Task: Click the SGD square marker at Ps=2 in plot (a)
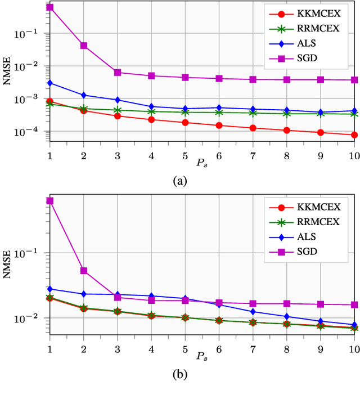pyautogui.click(x=84, y=46)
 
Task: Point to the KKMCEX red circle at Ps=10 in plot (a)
pyautogui.click(x=354, y=135)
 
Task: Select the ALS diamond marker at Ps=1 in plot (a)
pyautogui.click(x=49, y=83)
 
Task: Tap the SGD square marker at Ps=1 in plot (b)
pyautogui.click(x=49, y=201)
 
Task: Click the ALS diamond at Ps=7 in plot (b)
pyautogui.click(x=253, y=312)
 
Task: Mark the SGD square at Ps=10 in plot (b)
pyautogui.click(x=354, y=305)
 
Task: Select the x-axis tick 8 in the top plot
pyautogui.click(x=286, y=155)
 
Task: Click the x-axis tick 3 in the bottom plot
pyautogui.click(x=118, y=349)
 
